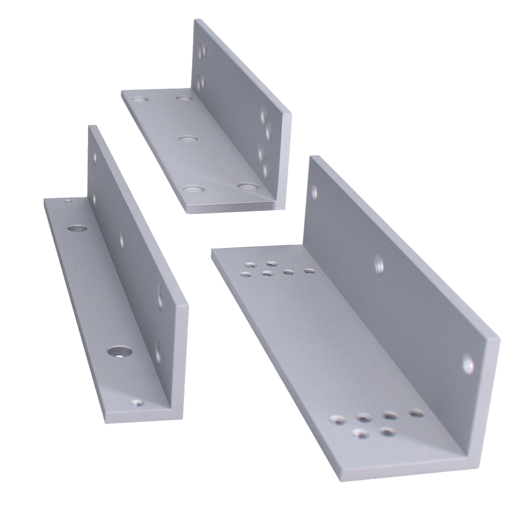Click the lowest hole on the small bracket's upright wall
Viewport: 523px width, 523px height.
tap(265, 169)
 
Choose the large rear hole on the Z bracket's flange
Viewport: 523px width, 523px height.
tap(76, 228)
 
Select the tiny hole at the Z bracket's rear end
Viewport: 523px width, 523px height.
tap(67, 199)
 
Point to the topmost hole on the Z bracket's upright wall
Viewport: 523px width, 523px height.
tap(95, 156)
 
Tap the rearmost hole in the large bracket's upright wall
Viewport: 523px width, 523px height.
tap(315, 191)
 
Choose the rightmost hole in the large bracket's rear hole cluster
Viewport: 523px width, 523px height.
tap(309, 271)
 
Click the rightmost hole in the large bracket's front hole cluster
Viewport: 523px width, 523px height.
tap(415, 414)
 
